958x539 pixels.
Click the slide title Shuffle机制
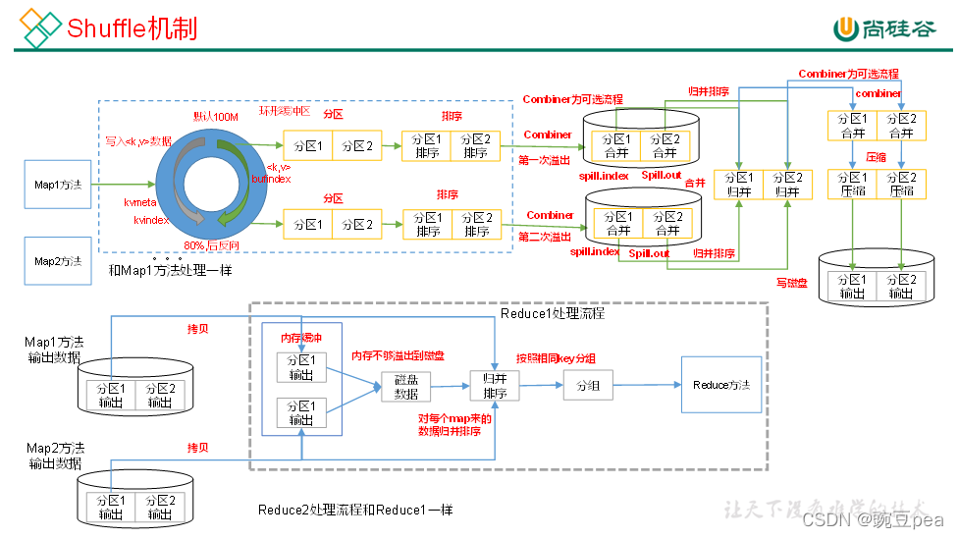[132, 27]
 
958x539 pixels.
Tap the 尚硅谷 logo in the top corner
[883, 28]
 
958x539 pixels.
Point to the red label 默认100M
[216, 117]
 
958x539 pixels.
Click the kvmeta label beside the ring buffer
[141, 201]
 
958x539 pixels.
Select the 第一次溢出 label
[545, 159]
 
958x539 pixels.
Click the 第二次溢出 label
[545, 237]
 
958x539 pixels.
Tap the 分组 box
[588, 386]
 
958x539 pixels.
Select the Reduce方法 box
[720, 385]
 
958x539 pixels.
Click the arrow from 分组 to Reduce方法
[647, 386]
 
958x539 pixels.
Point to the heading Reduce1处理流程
[553, 314]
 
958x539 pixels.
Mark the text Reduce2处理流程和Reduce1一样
[355, 511]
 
